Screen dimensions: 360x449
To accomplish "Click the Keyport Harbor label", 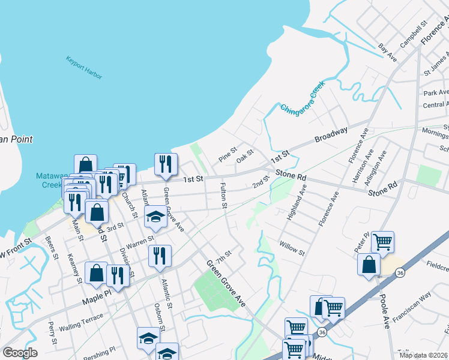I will click(x=84, y=68).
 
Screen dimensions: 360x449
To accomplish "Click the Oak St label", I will click(x=245, y=157).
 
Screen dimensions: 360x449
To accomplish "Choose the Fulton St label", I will click(x=223, y=196).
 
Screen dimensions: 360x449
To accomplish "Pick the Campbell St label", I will click(x=413, y=34).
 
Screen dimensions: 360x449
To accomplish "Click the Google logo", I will click(x=20, y=353).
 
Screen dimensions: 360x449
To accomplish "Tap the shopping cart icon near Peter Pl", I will click(x=382, y=242).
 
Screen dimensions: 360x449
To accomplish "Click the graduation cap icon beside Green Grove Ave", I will click(x=156, y=217).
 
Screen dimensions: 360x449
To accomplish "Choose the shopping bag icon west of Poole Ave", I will click(x=369, y=264).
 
